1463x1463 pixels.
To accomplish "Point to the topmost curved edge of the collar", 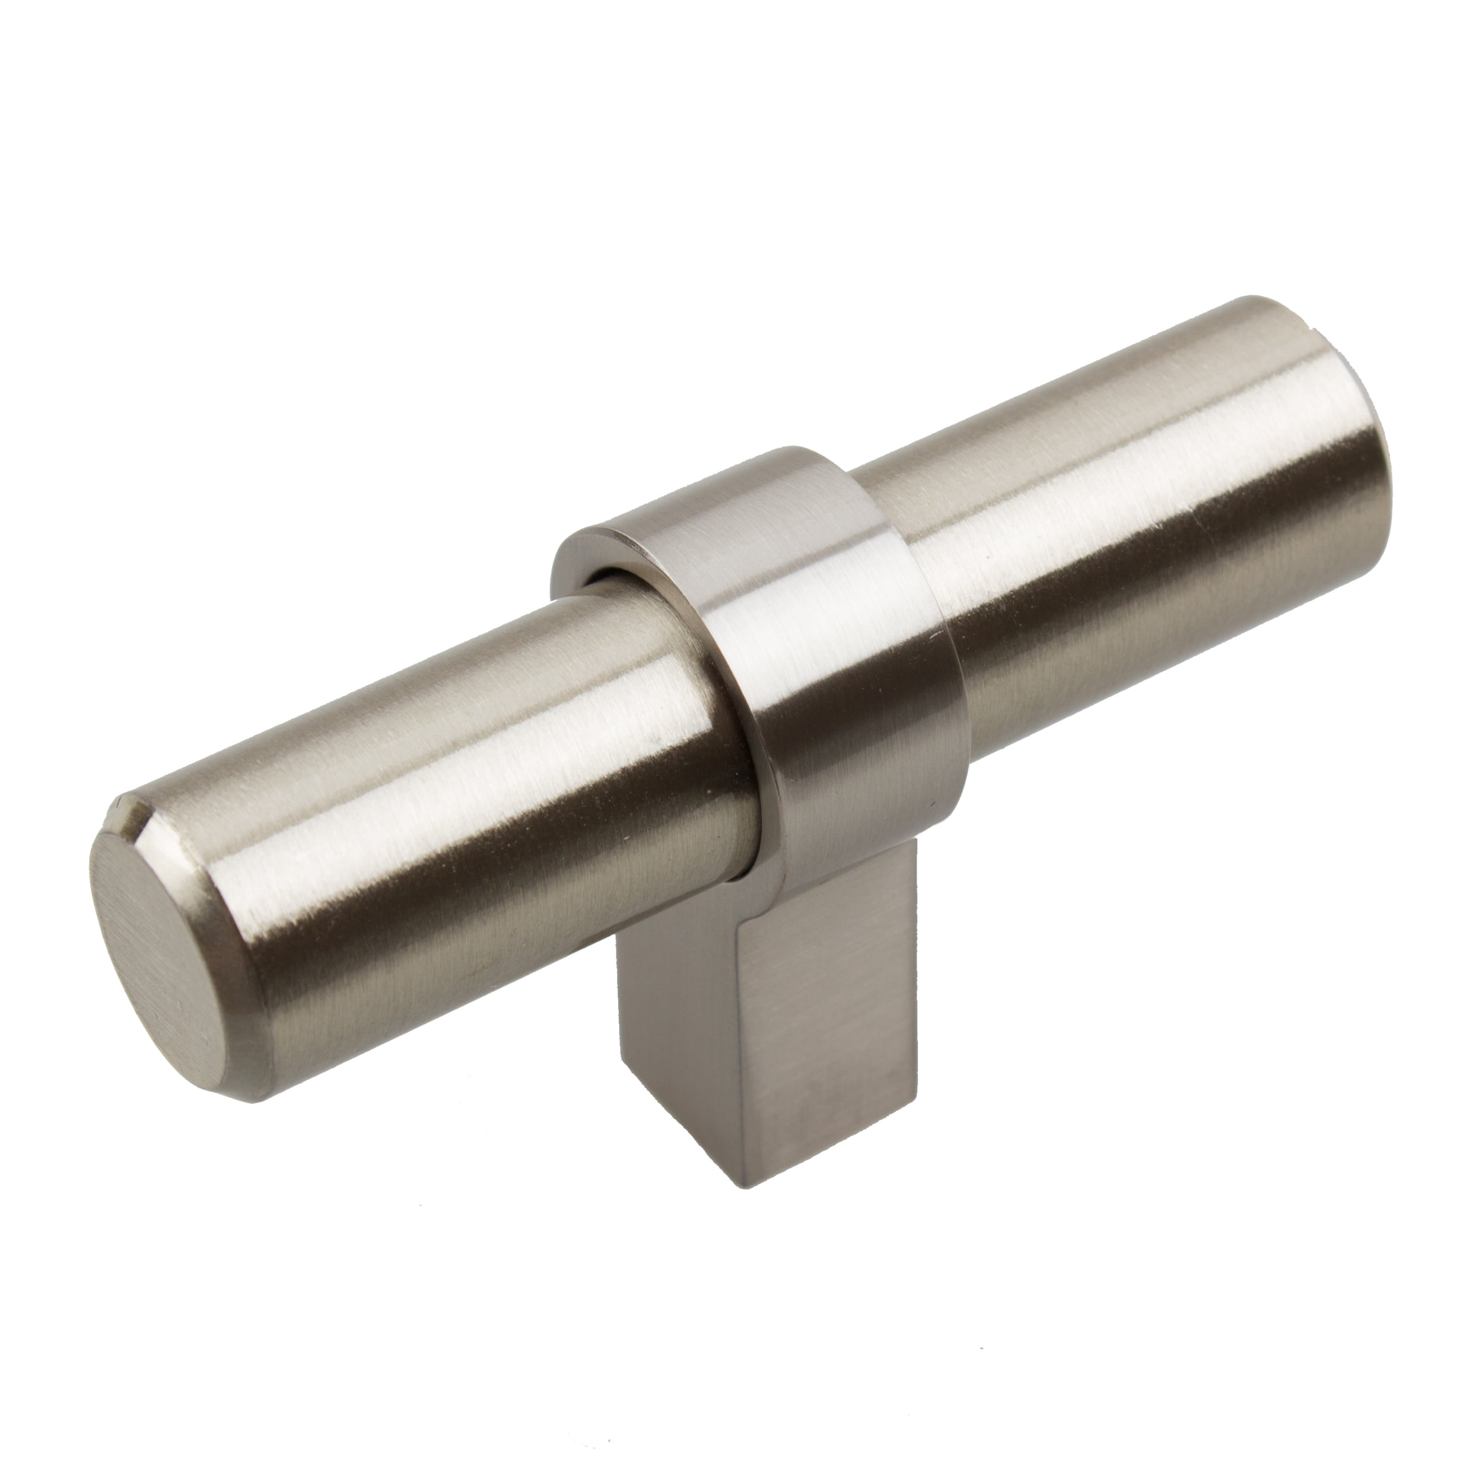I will (x=787, y=453).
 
